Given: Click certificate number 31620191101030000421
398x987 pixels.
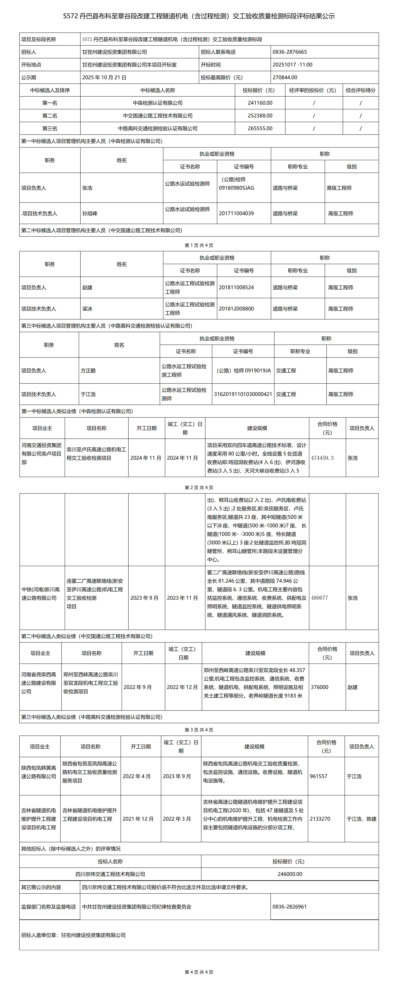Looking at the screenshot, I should point(243,394).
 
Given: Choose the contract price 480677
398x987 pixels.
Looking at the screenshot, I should point(320,598).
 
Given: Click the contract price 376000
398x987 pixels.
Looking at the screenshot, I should point(320,687).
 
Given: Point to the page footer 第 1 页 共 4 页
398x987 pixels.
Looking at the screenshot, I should point(199,245).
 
